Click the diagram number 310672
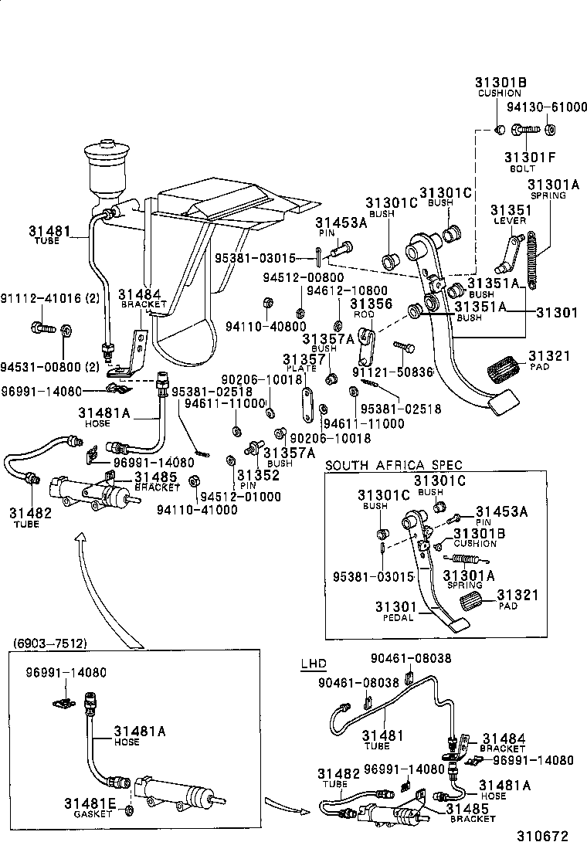(542, 836)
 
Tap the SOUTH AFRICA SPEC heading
(394, 465)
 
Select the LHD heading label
(313, 664)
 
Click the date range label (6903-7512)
(49, 643)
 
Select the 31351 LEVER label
(509, 214)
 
